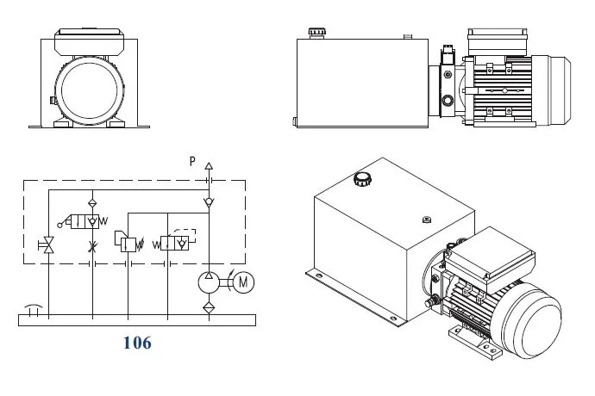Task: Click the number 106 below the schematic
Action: pos(137,343)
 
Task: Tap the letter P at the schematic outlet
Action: pos(193,161)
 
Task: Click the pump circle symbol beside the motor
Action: pos(208,282)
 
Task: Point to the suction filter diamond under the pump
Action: pos(208,306)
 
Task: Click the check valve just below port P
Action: pos(208,201)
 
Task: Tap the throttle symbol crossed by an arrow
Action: pos(92,247)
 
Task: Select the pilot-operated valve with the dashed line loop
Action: pos(178,244)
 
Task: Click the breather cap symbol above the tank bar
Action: pos(33,307)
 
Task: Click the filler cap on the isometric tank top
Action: pos(361,180)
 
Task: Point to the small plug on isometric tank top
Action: pos(424,218)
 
